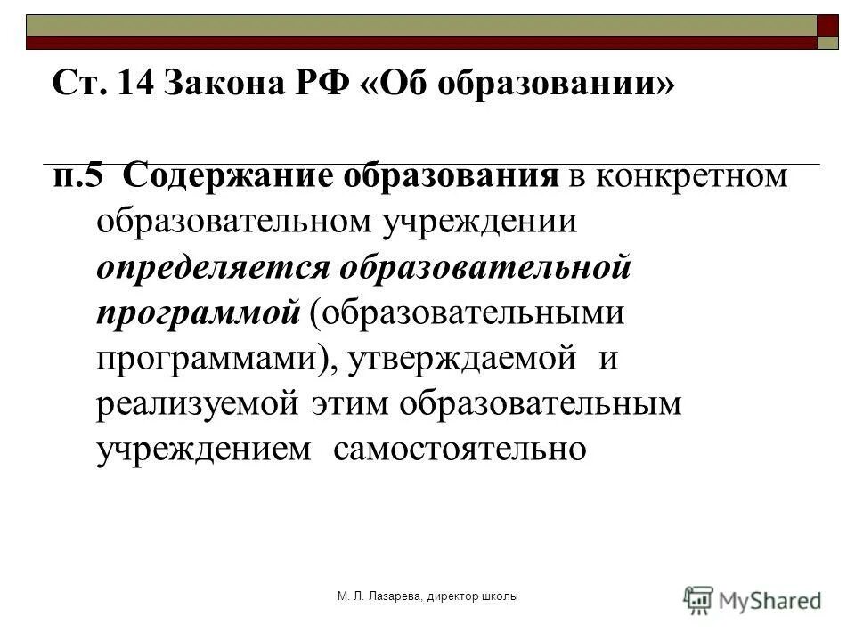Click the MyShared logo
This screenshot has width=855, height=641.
753,598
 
